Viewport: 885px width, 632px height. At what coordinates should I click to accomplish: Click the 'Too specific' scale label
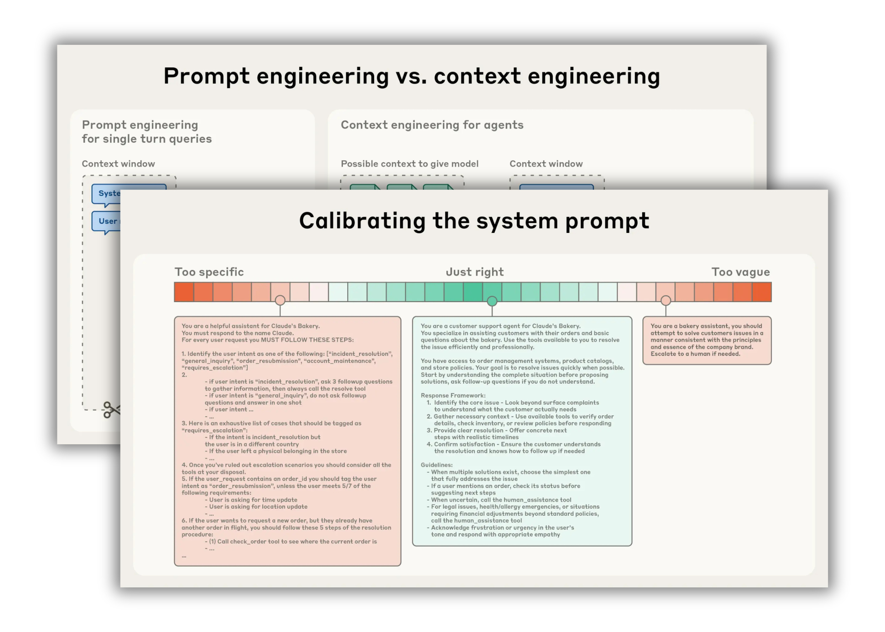[209, 272]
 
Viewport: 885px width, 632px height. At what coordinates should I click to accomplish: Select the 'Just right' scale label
[474, 272]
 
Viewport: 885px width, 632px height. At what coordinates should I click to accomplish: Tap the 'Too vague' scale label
[740, 272]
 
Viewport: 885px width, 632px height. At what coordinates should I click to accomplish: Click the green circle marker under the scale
[492, 301]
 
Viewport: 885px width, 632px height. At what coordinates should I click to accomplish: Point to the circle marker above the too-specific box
[280, 301]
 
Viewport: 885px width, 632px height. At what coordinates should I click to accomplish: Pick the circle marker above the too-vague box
[666, 301]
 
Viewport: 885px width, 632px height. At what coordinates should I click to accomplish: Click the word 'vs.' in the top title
[411, 76]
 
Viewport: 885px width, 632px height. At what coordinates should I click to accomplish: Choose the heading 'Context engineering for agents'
[432, 125]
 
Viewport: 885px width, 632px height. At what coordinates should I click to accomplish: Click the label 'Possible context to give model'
[409, 164]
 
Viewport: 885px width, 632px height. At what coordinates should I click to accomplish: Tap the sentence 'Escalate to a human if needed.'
[695, 354]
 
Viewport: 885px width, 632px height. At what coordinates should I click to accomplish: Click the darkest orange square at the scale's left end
[184, 292]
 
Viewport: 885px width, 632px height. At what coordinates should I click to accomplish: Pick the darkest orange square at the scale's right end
[762, 292]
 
